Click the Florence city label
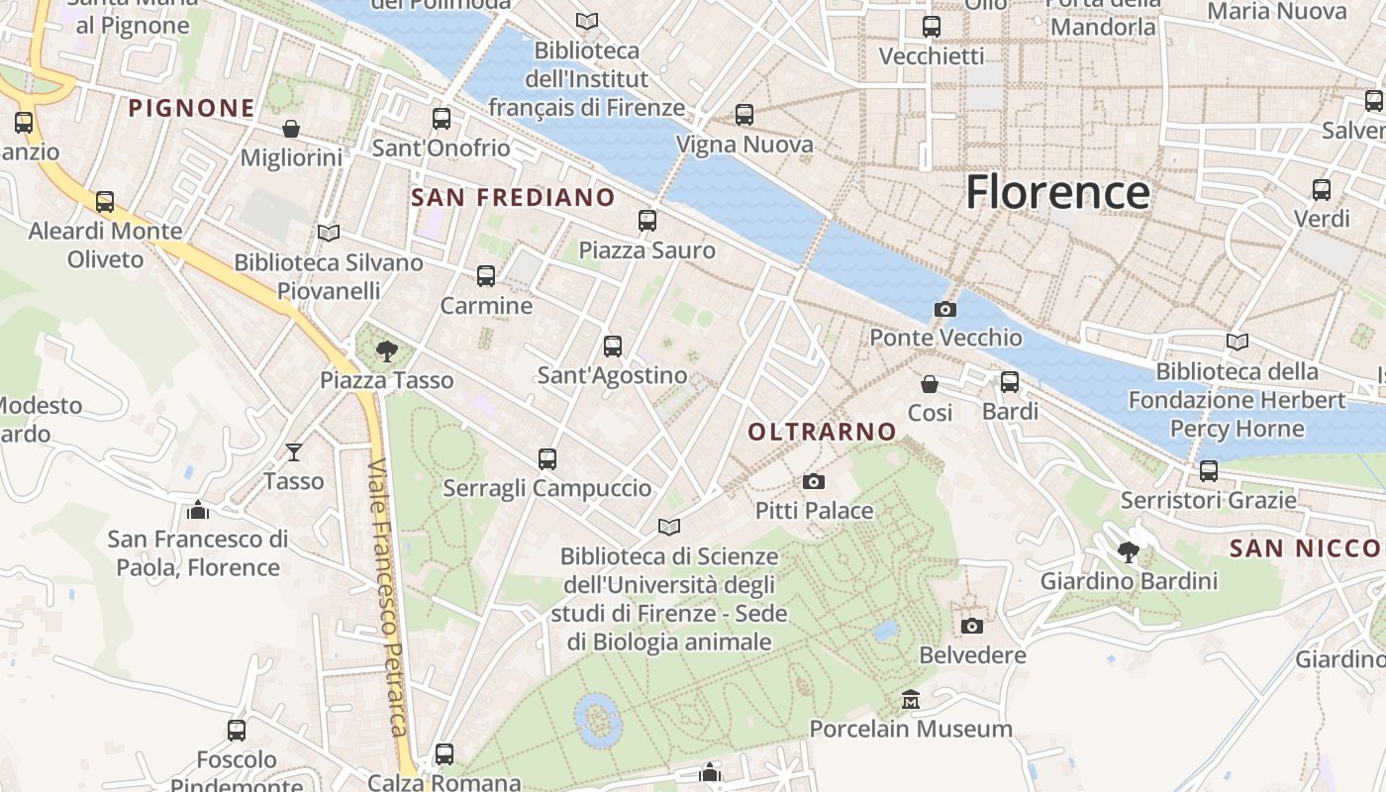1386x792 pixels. [x=1057, y=192]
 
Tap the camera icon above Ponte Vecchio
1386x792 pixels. [x=945, y=309]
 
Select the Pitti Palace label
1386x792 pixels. [x=814, y=511]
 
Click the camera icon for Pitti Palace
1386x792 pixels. [x=814, y=482]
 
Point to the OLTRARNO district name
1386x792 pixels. [x=822, y=432]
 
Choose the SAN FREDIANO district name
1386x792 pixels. [x=513, y=197]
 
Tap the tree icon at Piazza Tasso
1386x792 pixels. [x=387, y=350]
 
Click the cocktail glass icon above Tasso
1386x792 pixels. [x=294, y=452]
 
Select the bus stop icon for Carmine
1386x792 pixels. [x=486, y=276]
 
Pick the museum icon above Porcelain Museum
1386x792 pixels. [x=911, y=700]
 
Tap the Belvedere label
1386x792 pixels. [x=972, y=655]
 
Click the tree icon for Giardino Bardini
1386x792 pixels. [x=1128, y=551]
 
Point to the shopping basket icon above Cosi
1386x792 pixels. [x=930, y=383]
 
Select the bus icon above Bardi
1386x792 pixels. [x=1010, y=382]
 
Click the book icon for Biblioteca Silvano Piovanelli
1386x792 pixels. [x=329, y=233]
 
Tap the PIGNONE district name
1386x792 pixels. [x=192, y=108]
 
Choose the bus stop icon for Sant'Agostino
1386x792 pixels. [x=613, y=346]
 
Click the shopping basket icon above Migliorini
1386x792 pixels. [x=291, y=129]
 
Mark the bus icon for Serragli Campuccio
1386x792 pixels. [x=547, y=459]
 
